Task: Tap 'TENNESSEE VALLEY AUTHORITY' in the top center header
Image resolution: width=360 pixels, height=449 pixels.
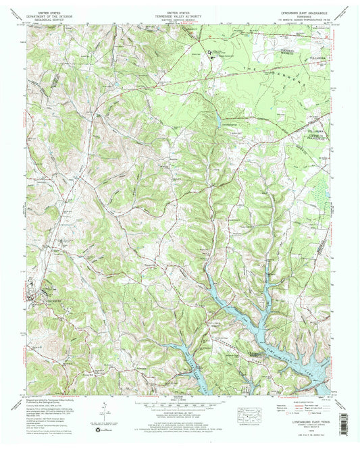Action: (179, 15)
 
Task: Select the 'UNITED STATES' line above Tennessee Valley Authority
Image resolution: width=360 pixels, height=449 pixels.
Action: (179, 11)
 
